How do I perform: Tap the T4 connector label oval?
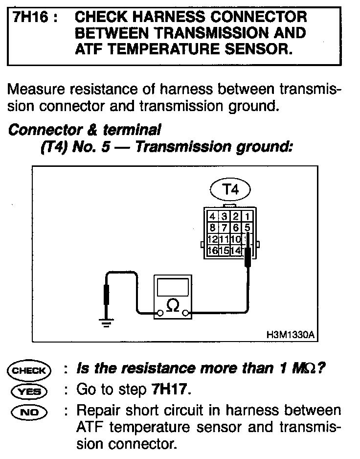230,190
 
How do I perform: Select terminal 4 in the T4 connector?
212,216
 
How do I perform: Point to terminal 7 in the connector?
224,228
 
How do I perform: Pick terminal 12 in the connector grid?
212,239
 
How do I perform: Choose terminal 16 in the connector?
212,251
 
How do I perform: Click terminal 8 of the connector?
212,228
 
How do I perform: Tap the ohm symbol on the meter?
172,305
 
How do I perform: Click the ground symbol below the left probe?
106,321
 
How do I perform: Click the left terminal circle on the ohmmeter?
159,313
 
